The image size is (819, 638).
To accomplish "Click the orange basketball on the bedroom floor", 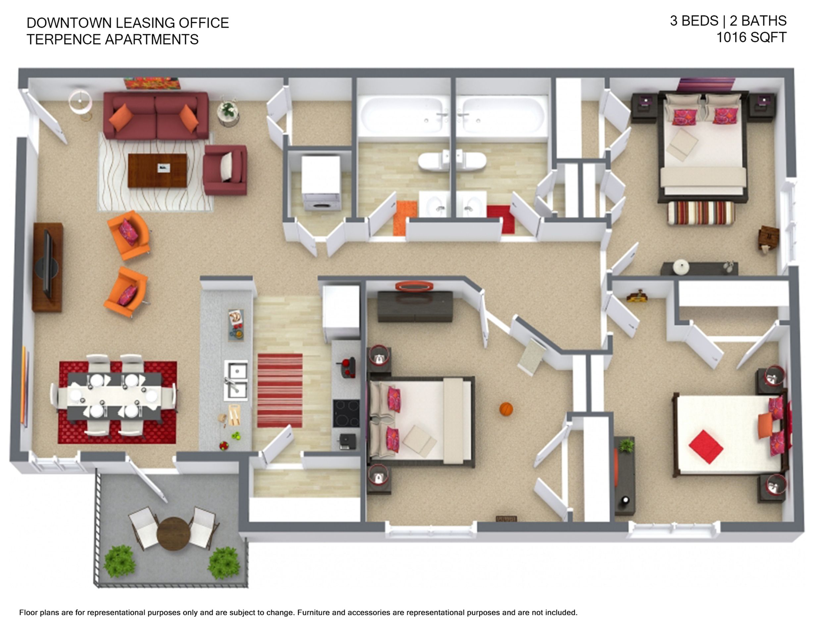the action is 506,409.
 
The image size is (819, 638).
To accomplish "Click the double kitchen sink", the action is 236,380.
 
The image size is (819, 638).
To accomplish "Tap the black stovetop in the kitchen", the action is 346,413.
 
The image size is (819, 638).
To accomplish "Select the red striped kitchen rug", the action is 280,391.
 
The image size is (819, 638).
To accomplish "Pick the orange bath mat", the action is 405,218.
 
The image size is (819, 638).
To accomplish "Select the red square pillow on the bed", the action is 706,447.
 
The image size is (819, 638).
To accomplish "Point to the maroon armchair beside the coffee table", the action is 225,170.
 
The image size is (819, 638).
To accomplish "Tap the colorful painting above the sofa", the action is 152,83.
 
